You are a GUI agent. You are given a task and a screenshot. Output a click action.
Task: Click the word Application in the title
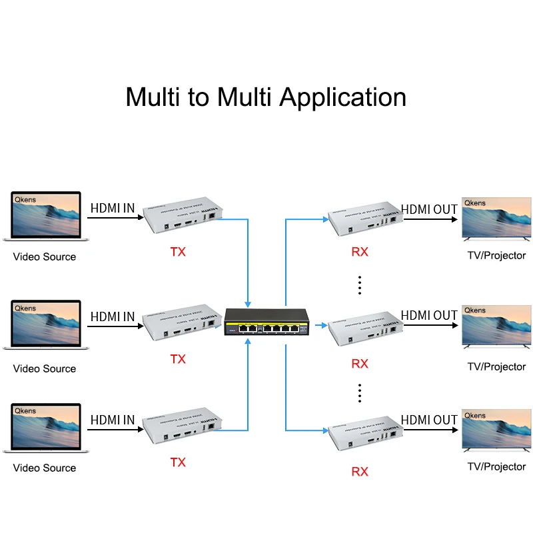342,97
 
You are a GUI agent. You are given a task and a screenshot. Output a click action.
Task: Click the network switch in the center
266,323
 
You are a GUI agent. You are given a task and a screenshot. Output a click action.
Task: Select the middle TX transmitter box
184,322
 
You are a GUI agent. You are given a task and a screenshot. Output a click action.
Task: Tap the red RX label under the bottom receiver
360,472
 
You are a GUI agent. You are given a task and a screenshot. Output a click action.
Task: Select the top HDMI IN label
113,209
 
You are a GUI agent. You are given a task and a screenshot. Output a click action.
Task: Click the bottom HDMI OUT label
429,420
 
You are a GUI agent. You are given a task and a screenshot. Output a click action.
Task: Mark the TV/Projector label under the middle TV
496,366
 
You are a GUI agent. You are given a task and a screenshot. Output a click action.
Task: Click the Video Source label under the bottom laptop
45,468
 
